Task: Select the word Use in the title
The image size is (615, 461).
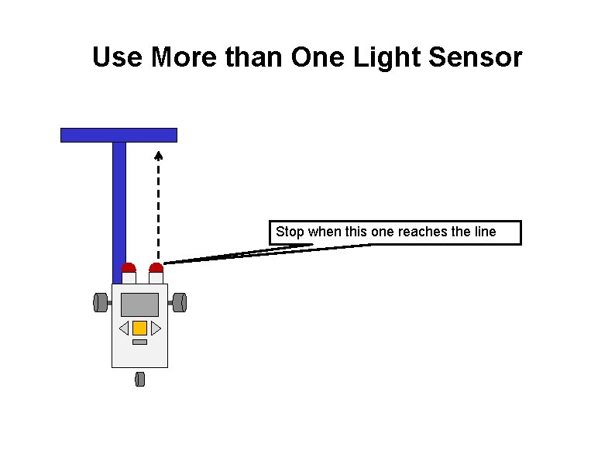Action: point(119,57)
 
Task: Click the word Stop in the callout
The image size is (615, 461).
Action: point(290,232)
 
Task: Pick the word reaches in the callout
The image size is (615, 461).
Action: point(419,232)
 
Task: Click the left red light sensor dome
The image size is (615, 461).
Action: point(129,268)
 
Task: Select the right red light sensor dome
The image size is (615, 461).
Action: point(156,268)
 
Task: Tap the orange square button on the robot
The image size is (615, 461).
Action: point(139,328)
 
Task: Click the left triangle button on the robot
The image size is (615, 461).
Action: point(124,328)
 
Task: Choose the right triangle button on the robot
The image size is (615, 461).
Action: point(156,328)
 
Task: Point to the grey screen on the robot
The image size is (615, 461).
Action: point(139,304)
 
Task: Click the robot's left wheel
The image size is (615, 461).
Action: point(100,302)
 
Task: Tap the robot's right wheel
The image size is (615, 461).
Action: point(180,302)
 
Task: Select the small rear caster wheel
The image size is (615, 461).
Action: point(140,379)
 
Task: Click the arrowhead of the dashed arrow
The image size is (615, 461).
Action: point(158,153)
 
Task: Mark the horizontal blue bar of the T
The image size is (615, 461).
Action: point(119,135)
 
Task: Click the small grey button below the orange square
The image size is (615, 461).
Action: point(139,342)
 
